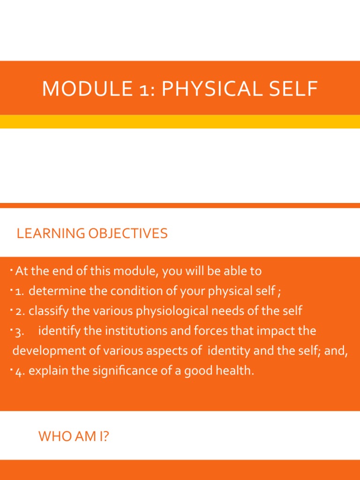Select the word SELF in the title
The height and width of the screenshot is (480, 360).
click(294, 89)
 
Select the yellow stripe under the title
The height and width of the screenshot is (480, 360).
click(180, 121)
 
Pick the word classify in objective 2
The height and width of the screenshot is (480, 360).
click(47, 311)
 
